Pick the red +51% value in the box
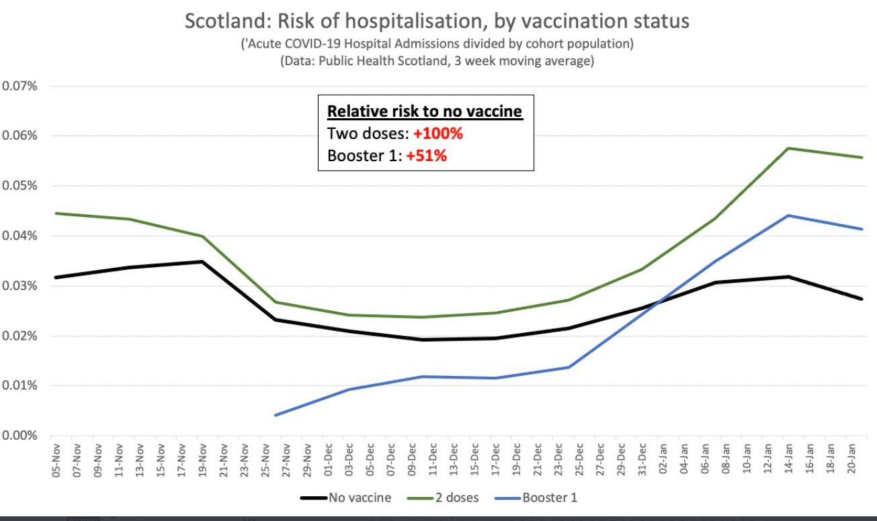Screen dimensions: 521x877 (426, 156)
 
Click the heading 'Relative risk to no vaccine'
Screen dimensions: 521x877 (425, 111)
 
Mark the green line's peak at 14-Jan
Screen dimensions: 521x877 (788, 148)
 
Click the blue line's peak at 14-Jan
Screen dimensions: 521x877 (788, 216)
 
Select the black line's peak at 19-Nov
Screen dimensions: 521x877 (202, 261)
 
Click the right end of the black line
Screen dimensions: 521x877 (862, 299)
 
